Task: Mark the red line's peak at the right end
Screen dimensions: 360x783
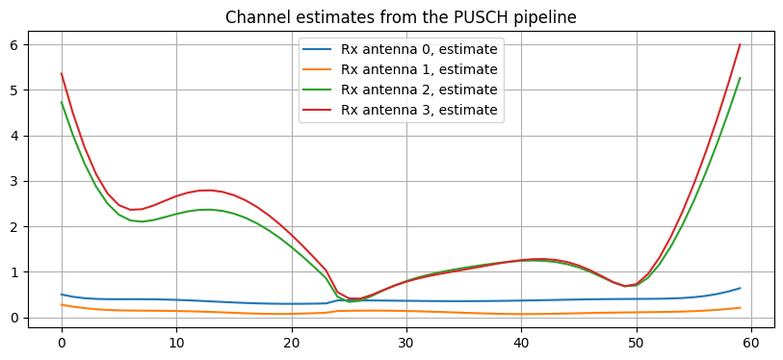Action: click(740, 44)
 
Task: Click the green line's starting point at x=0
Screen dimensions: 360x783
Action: click(62, 102)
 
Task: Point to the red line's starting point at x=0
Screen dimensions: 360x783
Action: click(62, 73)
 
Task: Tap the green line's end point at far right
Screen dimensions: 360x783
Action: click(740, 78)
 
